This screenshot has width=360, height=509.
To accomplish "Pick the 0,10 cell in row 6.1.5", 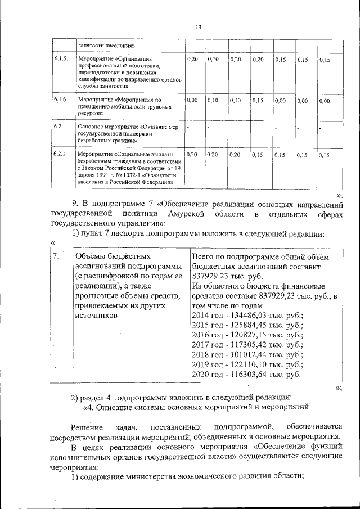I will coord(213,59).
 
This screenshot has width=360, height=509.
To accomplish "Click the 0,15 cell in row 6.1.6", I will coord(258,101).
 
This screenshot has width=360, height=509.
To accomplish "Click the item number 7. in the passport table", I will coord(55,256).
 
